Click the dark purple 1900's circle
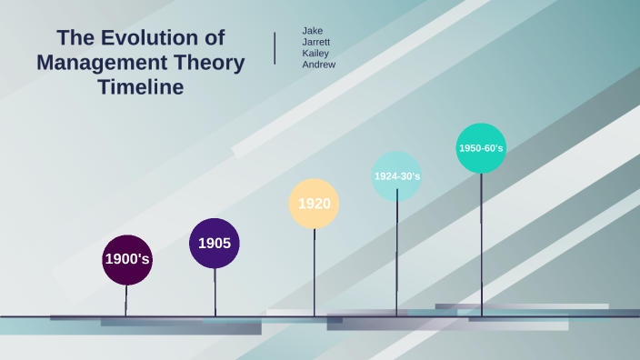pyautogui.click(x=127, y=259)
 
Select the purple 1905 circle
pyautogui.click(x=215, y=243)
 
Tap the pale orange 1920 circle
pyautogui.click(x=314, y=204)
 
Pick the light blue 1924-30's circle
pyautogui.click(x=396, y=176)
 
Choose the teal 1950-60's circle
pyautogui.click(x=481, y=148)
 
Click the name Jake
pyautogui.click(x=312, y=31)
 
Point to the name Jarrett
pyautogui.click(x=316, y=42)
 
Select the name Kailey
pyautogui.click(x=315, y=53)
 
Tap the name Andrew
pyautogui.click(x=318, y=65)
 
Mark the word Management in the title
pyautogui.click(x=108, y=63)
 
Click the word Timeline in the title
pyautogui.click(x=141, y=87)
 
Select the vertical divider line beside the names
pyautogui.click(x=275, y=47)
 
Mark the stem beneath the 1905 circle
pyautogui.click(x=215, y=291)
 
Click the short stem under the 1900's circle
pyautogui.click(x=126, y=299)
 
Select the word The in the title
pyautogui.click(x=75, y=38)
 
